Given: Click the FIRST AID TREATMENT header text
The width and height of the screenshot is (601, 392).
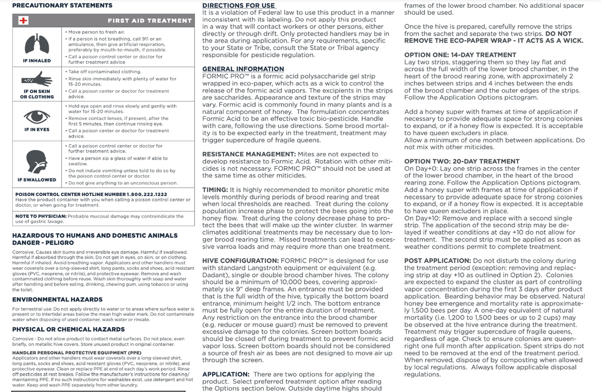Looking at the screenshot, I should click(150, 21).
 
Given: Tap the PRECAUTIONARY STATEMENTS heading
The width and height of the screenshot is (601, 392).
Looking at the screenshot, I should click(62, 5).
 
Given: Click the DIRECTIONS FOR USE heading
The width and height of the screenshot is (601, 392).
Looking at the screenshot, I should click(239, 5).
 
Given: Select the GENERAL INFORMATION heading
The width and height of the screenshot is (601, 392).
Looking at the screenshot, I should click(243, 69).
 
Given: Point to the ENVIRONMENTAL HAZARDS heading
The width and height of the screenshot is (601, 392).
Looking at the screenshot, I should click(57, 299).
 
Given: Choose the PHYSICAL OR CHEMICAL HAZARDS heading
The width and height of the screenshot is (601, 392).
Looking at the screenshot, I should click(68, 329).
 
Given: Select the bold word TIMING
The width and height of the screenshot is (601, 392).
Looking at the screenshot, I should click(215, 190).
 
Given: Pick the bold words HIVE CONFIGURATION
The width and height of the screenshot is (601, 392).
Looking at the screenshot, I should click(240, 261).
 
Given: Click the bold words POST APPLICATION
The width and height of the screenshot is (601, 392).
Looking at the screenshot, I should click(438, 261).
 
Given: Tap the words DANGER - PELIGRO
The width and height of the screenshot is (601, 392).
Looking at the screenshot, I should click(43, 243).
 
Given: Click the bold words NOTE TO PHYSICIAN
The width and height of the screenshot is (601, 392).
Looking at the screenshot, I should click(41, 216).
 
